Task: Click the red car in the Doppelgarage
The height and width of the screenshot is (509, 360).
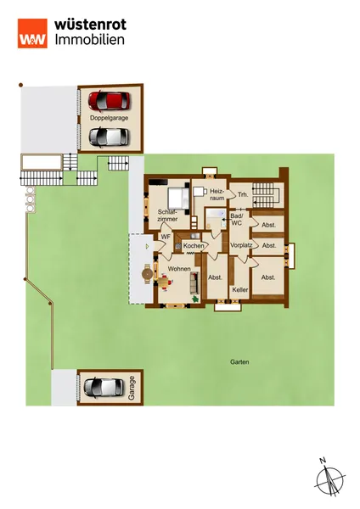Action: coord(110,101)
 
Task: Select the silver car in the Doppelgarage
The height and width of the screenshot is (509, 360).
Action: coord(110,137)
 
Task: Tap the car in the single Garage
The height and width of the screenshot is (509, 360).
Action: coord(104,387)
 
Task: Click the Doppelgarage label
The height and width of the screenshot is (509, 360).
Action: coord(110,118)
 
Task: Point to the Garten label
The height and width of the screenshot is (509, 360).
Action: coord(239,361)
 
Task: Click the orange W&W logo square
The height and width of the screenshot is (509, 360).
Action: coord(32,33)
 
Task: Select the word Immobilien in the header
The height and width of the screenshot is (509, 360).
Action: coord(90,40)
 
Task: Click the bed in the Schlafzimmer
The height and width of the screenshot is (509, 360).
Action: coord(178,199)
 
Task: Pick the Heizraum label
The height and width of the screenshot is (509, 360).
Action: coord(217,194)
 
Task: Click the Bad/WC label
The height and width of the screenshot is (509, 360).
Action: coord(237,220)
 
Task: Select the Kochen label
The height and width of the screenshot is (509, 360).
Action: coord(194,246)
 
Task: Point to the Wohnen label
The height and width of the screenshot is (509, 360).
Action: coord(179,269)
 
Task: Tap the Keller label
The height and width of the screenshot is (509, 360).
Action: coord(240,289)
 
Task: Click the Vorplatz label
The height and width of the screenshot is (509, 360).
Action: coord(241,245)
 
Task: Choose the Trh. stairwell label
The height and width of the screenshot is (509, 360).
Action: coord(243,195)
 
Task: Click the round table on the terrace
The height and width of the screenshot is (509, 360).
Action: coord(148,274)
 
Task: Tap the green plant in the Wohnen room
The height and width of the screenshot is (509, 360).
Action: coord(195,299)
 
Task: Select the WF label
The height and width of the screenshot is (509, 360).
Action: coord(166,237)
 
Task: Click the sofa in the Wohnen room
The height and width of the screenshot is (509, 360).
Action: coord(194,283)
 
